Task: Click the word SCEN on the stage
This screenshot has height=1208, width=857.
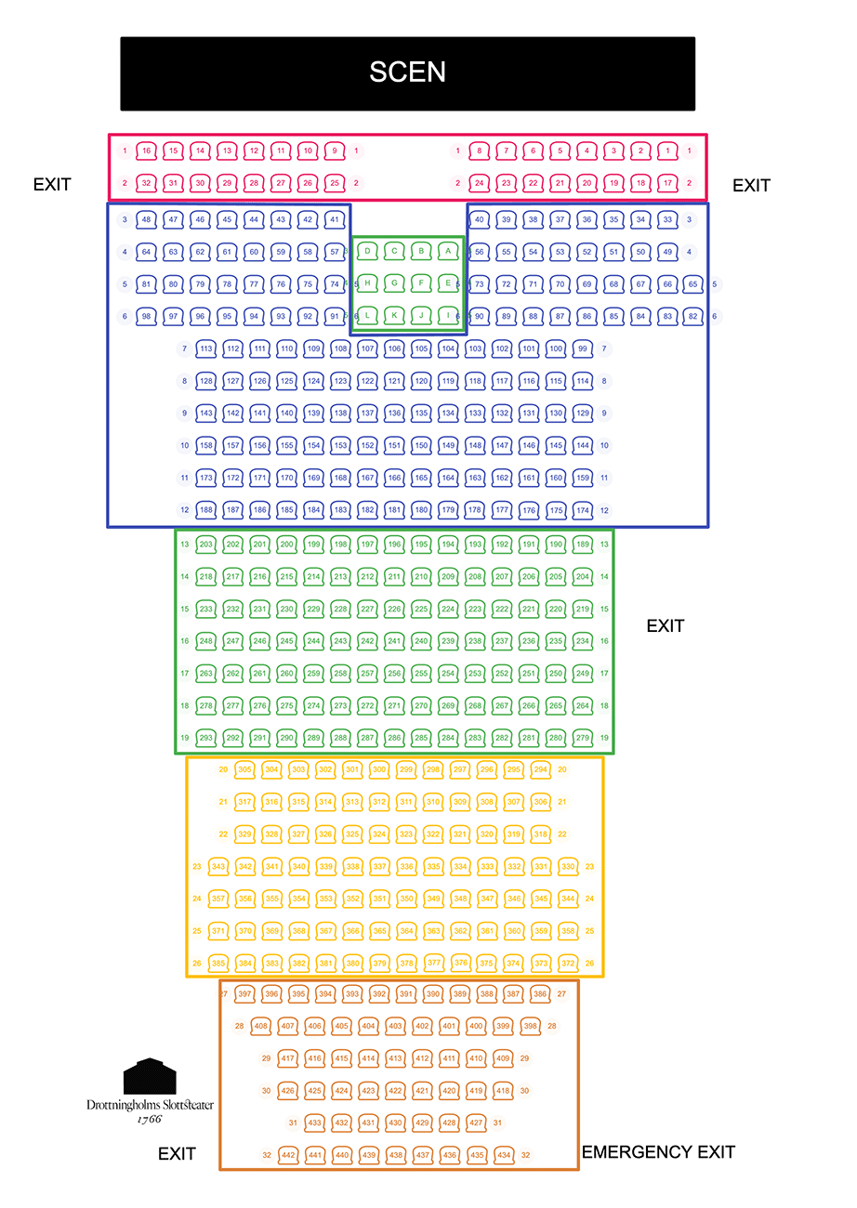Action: pyautogui.click(x=407, y=72)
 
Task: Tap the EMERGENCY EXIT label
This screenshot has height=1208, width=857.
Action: pyautogui.click(x=658, y=1152)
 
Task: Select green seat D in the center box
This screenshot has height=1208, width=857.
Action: pyautogui.click(x=367, y=251)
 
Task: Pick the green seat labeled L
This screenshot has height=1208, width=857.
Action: pyautogui.click(x=367, y=316)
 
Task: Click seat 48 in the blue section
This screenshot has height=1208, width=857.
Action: pyautogui.click(x=146, y=220)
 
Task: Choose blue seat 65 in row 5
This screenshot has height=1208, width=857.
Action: pyautogui.click(x=692, y=284)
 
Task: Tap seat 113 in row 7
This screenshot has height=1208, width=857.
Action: pyautogui.click(x=206, y=349)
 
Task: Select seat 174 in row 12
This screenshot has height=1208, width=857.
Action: pyautogui.click(x=583, y=511)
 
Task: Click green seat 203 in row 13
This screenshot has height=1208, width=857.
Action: pyautogui.click(x=206, y=545)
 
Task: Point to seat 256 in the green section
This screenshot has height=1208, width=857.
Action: pyautogui.click(x=394, y=674)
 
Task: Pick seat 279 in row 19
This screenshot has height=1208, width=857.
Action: pyautogui.click(x=583, y=738)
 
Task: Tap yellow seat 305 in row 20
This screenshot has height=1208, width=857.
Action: pyautogui.click(x=244, y=770)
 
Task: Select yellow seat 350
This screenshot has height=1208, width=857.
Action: pyautogui.click(x=406, y=899)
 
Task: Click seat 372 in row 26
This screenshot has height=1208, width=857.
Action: pyautogui.click(x=568, y=964)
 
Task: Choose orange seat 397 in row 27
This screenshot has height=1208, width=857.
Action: pyautogui.click(x=244, y=994)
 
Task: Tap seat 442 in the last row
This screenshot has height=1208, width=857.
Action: pyautogui.click(x=288, y=1155)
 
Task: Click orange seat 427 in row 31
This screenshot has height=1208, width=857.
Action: pyautogui.click(x=476, y=1123)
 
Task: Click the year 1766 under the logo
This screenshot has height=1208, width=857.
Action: pyautogui.click(x=149, y=1119)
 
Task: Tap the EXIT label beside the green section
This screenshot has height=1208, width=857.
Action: pyautogui.click(x=665, y=626)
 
